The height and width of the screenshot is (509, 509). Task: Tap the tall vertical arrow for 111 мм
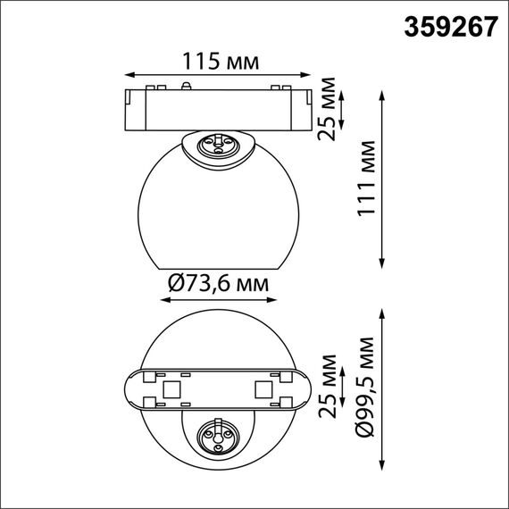coord(384,179)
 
